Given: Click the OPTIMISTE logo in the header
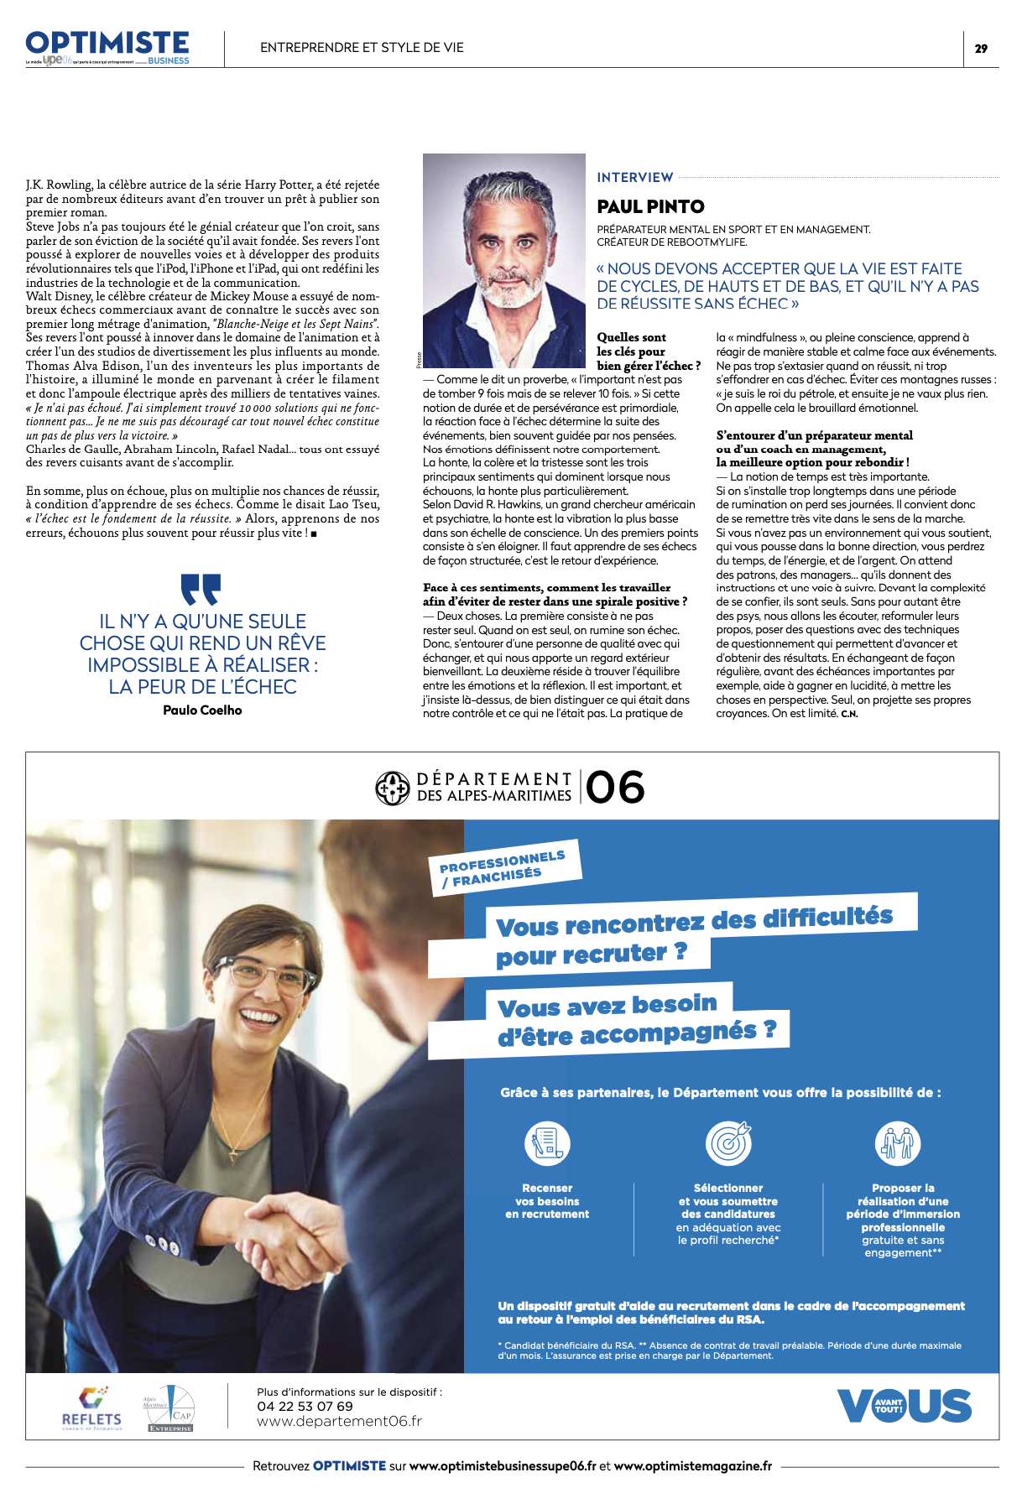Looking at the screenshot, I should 107,44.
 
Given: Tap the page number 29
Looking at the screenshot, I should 981,49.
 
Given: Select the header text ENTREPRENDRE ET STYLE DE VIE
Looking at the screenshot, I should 362,48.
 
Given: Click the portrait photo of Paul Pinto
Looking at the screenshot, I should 503,260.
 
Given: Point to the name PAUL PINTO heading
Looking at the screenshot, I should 650,206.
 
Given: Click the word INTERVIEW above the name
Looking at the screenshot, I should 635,177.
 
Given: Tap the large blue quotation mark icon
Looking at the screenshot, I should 201,589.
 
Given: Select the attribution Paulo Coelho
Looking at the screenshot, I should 202,710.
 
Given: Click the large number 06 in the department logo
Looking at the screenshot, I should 615,788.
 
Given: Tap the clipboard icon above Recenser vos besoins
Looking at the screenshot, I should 547,1142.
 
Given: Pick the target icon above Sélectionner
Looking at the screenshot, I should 728,1142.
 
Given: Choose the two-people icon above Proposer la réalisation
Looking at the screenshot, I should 898,1142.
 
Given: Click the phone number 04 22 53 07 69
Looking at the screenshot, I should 305,1406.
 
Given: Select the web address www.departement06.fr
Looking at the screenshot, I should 339,1421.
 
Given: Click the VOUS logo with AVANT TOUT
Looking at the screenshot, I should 904,1406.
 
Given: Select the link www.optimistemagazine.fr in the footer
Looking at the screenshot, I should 692,1465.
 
